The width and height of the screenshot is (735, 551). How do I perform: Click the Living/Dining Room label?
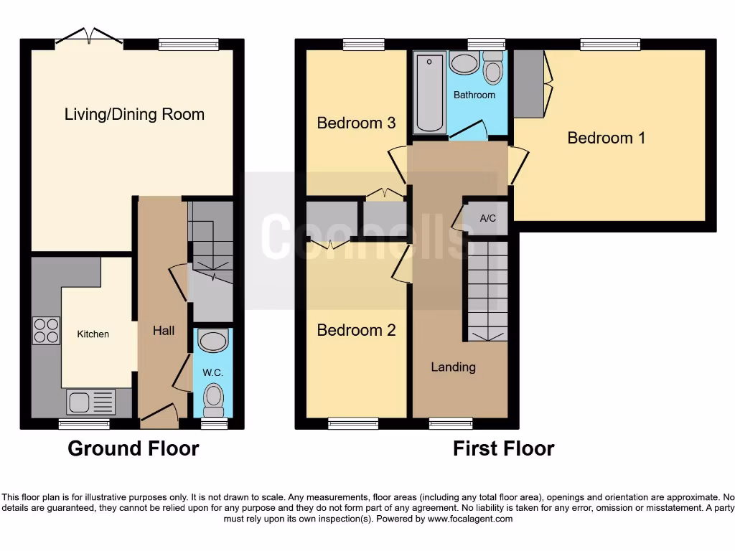point(134,114)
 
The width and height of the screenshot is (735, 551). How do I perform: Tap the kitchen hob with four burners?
point(46,330)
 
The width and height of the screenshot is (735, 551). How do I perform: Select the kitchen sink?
point(90,402)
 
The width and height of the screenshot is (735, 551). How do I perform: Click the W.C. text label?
point(212,372)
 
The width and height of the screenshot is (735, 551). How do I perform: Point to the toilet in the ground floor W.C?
point(213,398)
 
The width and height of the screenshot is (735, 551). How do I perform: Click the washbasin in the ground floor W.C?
point(212,339)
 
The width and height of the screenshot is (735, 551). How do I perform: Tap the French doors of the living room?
point(89,37)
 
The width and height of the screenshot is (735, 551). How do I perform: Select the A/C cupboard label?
point(487,219)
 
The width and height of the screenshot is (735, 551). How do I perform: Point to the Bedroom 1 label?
point(606,138)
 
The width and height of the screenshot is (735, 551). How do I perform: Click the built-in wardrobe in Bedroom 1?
point(529,83)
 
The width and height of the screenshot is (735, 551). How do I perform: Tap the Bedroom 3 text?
point(356,123)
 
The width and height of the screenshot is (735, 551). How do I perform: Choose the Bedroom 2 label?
point(356,330)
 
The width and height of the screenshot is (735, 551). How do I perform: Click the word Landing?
point(453,367)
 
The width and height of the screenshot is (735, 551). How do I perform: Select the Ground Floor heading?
point(133,448)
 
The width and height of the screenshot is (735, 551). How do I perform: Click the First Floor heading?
point(503,448)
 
